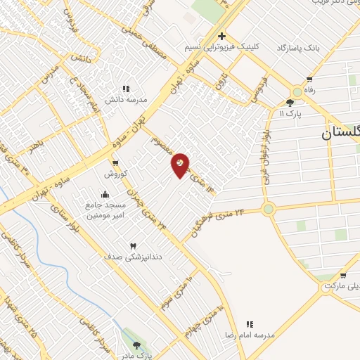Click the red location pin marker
(x=181, y=165)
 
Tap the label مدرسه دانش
(x=127, y=100)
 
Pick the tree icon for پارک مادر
(x=136, y=345)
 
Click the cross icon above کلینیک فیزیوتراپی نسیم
(x=221, y=36)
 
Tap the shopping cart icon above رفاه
(x=309, y=79)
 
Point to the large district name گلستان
(x=341, y=134)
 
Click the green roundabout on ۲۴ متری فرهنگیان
(x=268, y=209)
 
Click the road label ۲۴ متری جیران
(x=149, y=209)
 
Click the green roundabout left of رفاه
(x=297, y=91)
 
